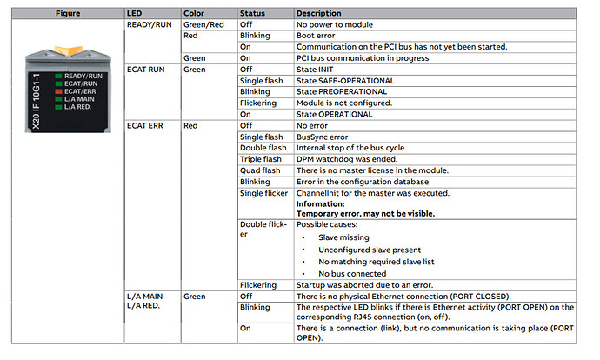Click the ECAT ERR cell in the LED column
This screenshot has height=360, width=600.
pos(145,126)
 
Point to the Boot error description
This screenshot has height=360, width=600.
pos(317,36)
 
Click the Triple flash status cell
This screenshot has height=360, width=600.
pos(259,159)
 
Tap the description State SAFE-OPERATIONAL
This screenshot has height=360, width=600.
pos(345,81)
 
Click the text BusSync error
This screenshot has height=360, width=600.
pos(323,137)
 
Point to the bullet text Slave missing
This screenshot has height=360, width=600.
pos(343,237)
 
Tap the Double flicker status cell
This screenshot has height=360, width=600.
pos(260,229)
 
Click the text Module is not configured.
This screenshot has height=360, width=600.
pos(344,103)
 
